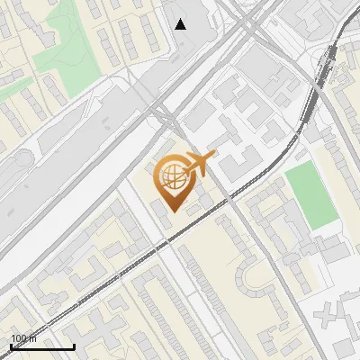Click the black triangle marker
181,24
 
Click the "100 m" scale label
23,338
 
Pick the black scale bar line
41,346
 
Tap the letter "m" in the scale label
32,338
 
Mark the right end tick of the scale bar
74,345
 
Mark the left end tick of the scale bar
10,345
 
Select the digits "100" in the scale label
19,338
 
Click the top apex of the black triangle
181,19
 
